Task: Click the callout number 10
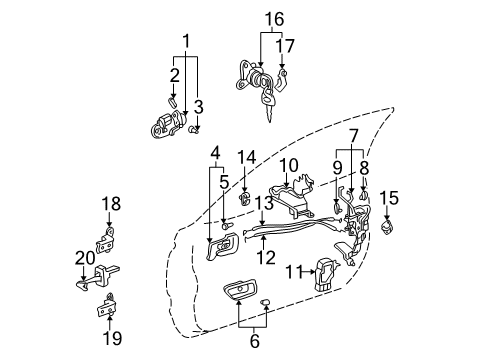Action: [x=288, y=165]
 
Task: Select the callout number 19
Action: [x=111, y=338]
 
